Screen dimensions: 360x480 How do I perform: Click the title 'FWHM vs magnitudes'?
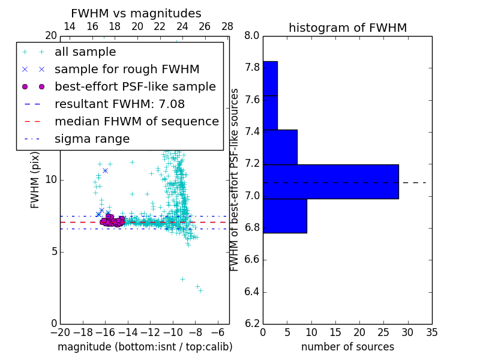pyautogui.click(x=136, y=13)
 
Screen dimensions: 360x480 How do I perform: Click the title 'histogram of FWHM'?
pyautogui.click(x=347, y=28)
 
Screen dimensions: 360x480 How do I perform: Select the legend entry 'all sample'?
pyautogui.click(x=85, y=52)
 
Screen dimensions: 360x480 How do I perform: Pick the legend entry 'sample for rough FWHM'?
pyautogui.click(x=127, y=70)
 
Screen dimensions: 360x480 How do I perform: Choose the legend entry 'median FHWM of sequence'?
pyautogui.click(x=136, y=122)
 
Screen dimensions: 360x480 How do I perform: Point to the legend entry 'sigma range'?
pyautogui.click(x=92, y=139)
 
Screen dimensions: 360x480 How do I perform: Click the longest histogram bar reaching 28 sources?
pyautogui.click(x=331, y=181)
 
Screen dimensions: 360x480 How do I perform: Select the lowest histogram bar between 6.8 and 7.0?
pyautogui.click(x=285, y=215)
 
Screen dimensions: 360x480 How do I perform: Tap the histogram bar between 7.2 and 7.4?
pyautogui.click(x=280, y=146)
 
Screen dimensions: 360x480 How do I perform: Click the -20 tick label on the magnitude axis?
pyautogui.click(x=60, y=332)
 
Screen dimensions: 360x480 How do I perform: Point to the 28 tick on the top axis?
pyautogui.click(x=227, y=26)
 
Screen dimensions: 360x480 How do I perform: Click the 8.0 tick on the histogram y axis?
pyautogui.click(x=252, y=35)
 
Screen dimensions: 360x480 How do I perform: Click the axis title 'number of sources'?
pyautogui.click(x=347, y=347)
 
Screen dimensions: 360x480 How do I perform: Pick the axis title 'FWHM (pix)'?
pyautogui.click(x=35, y=179)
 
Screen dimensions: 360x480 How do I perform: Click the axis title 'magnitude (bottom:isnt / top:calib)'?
pyautogui.click(x=145, y=347)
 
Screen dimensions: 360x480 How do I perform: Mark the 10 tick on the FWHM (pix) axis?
pyautogui.click(x=51, y=180)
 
